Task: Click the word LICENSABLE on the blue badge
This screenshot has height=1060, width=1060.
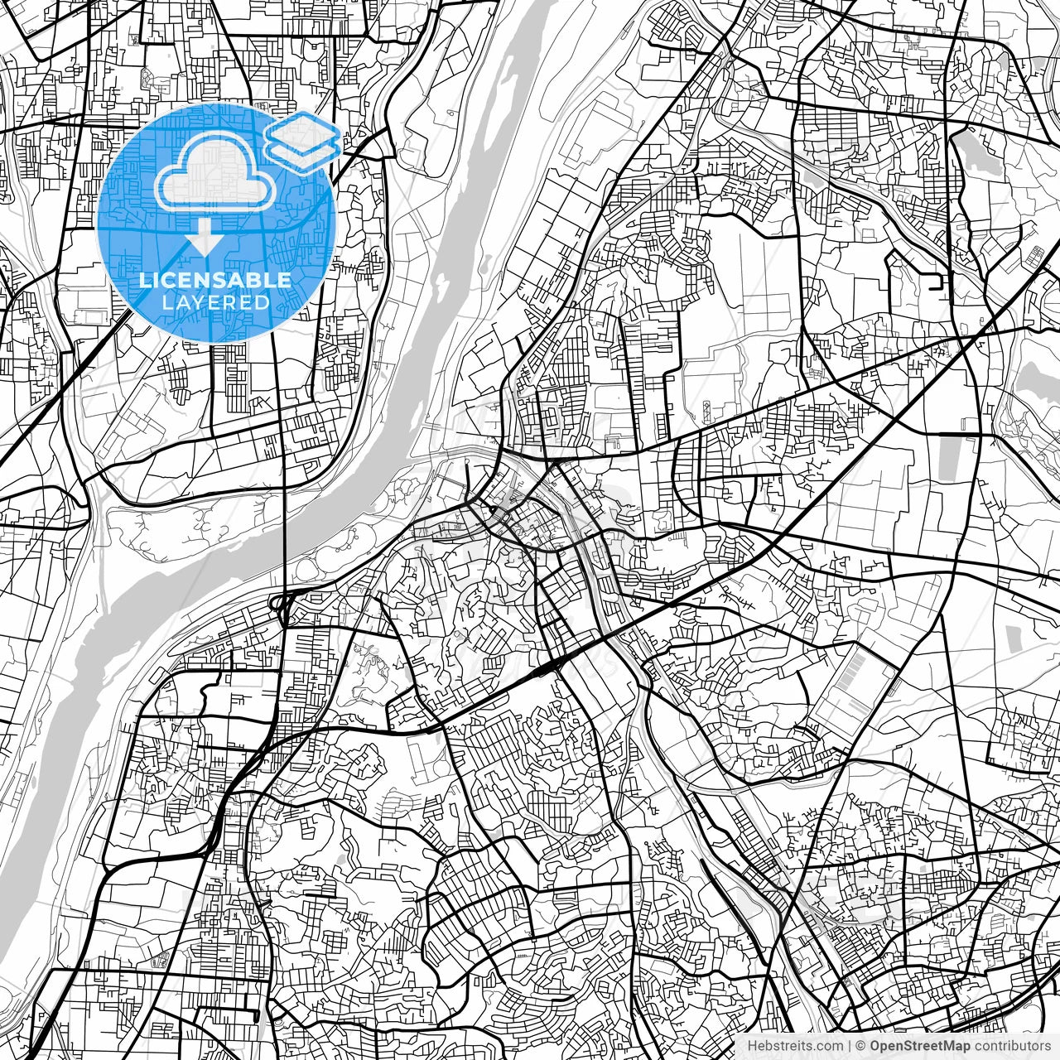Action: click(215, 280)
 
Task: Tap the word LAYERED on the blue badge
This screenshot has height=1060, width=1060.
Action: click(215, 302)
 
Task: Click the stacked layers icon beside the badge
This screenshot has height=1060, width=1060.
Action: click(301, 139)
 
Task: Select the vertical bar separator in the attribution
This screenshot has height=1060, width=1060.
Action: click(850, 1046)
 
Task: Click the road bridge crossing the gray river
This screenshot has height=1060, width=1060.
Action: click(285, 530)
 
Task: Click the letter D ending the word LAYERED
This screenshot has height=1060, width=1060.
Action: click(264, 302)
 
